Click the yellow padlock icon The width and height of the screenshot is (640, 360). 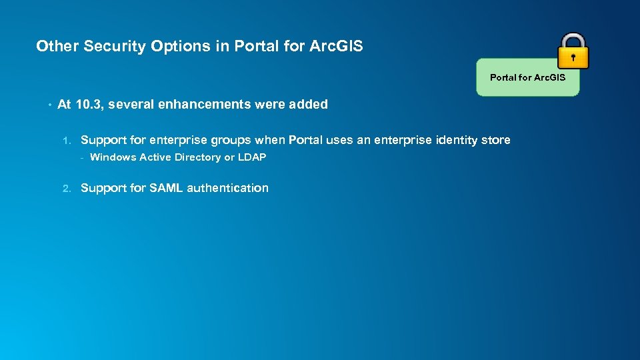click(x=573, y=51)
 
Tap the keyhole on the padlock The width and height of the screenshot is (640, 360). click(x=573, y=57)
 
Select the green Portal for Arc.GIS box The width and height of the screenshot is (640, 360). click(x=527, y=78)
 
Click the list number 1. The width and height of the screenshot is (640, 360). click(x=65, y=141)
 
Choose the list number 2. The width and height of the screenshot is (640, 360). click(x=65, y=189)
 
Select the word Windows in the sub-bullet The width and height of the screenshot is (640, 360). click(x=113, y=157)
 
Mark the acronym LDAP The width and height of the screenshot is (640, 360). click(x=252, y=157)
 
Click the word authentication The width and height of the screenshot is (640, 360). click(x=227, y=188)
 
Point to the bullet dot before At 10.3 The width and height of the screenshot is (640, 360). click(x=49, y=105)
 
